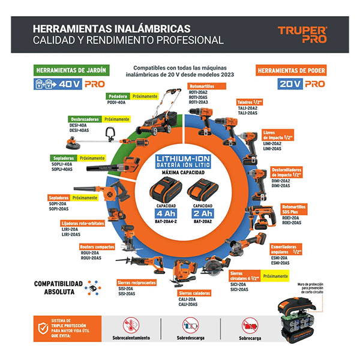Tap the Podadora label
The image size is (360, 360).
119,96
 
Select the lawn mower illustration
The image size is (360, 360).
158,118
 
